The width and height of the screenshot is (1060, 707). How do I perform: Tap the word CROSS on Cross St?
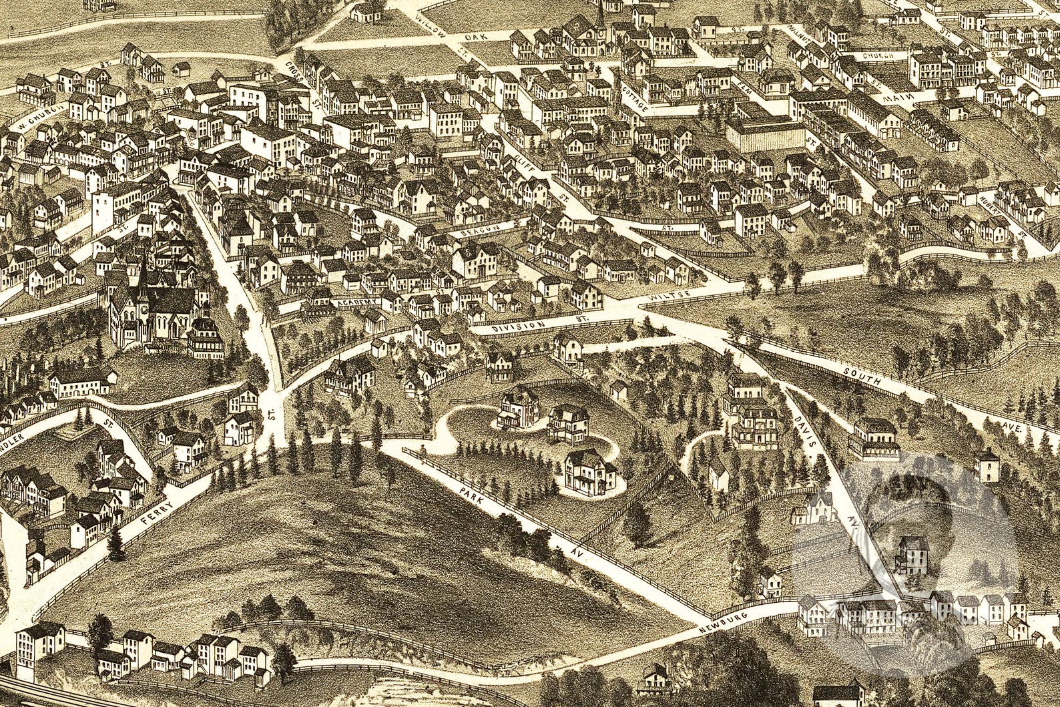point(294,73)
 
